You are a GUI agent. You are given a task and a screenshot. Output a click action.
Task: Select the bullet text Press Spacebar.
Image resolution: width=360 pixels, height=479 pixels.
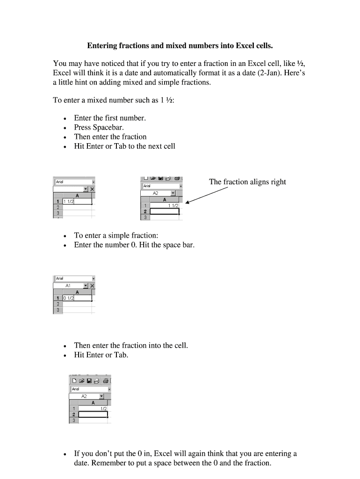[x=99, y=127]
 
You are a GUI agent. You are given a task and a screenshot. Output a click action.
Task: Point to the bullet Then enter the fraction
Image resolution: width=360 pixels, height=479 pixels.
[x=110, y=137]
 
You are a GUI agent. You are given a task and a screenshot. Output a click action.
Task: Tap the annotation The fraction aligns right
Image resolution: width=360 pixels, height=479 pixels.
[x=247, y=182]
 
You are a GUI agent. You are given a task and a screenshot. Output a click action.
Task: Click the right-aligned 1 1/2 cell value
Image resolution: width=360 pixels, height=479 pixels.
[x=173, y=205]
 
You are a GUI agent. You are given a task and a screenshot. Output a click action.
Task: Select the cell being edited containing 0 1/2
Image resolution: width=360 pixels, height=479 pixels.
[x=77, y=298]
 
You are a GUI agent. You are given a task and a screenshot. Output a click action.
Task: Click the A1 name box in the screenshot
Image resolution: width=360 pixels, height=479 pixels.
[x=68, y=285]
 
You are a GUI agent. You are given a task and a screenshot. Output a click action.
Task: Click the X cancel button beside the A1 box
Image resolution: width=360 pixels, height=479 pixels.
[x=92, y=285]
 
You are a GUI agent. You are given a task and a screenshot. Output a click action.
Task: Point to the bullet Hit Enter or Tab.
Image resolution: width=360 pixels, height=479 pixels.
[x=101, y=355]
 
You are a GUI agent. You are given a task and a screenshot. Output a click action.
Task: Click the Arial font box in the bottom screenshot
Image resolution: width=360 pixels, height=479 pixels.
[x=89, y=389]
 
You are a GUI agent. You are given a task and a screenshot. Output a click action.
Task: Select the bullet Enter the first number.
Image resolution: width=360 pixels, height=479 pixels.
[x=110, y=118]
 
